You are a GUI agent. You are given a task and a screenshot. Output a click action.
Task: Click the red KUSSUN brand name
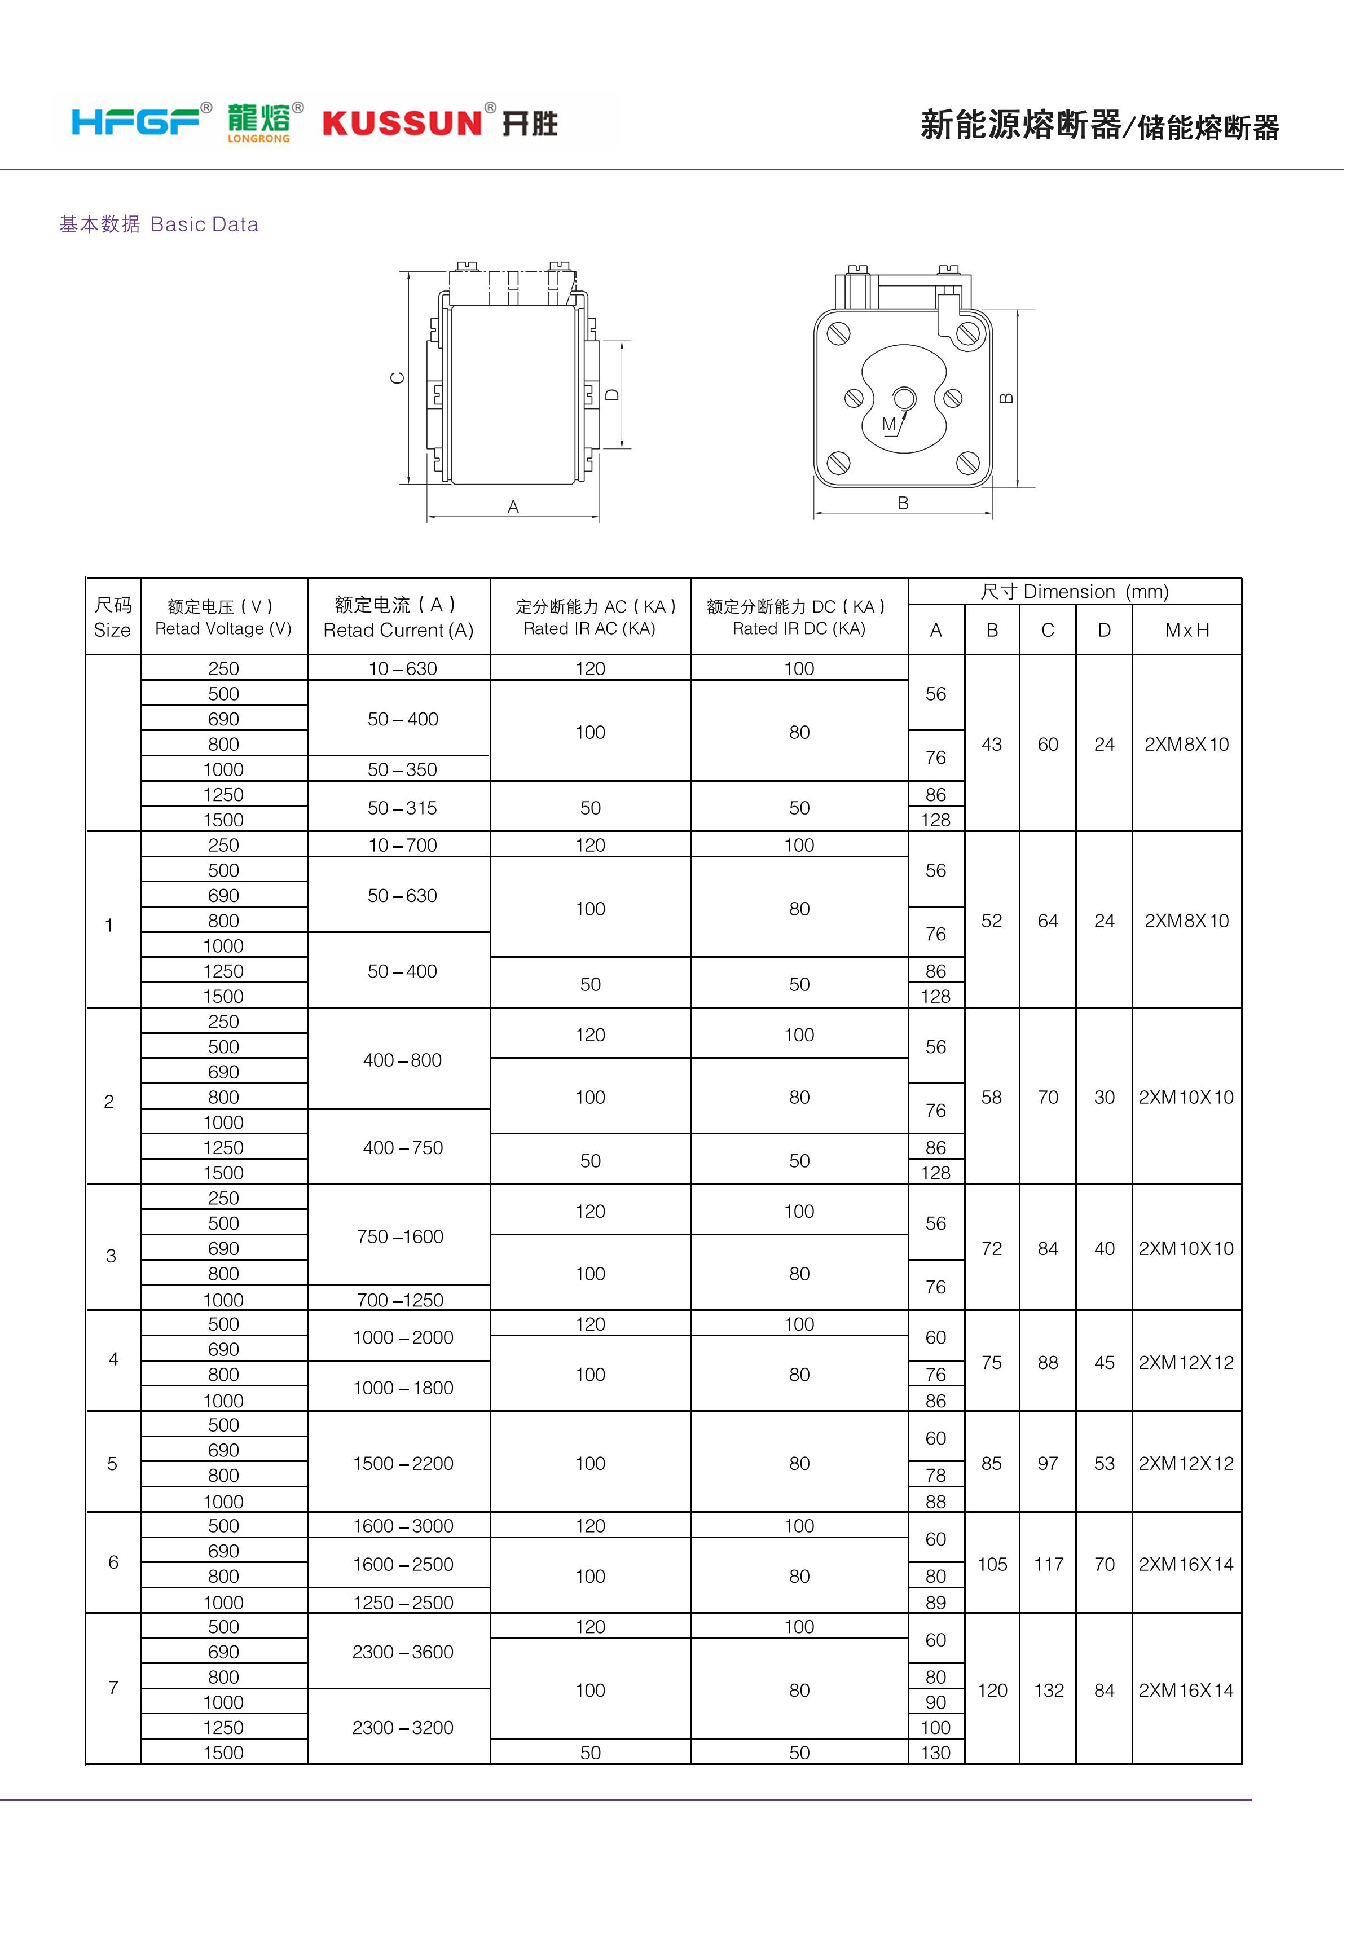[402, 123]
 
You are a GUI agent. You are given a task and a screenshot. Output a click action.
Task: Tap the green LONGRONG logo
[259, 123]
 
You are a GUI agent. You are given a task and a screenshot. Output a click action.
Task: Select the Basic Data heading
[159, 224]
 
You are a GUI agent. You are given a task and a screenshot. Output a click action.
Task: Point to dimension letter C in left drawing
[397, 378]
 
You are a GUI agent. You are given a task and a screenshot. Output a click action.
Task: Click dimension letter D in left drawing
[613, 394]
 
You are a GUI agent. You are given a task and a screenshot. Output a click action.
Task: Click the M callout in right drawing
[888, 424]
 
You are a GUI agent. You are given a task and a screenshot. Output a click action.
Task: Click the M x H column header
[1186, 630]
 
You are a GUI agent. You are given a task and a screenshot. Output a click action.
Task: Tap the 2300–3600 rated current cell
[402, 1652]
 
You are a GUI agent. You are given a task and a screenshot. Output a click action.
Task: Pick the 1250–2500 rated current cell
[402, 1602]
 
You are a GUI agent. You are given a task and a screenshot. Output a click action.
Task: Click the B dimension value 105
[992, 1564]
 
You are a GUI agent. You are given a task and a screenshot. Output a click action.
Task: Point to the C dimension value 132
[1049, 1690]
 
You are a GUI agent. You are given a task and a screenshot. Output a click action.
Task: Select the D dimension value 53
[1105, 1463]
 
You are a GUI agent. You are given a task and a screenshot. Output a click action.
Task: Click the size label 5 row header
[112, 1463]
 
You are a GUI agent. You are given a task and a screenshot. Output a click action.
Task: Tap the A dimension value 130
[936, 1752]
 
